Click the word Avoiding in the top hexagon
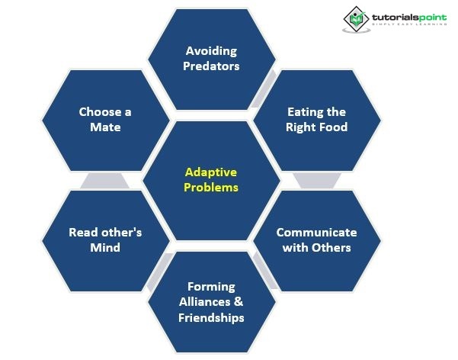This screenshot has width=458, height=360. coord(212,51)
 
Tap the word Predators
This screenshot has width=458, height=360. coord(212,66)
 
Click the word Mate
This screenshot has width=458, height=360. coord(105,127)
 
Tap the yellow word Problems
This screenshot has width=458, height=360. coord(212,188)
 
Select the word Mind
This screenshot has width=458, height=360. coord(105,248)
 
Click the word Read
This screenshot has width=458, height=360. coord(83,233)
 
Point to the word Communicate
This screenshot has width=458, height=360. coord(316,233)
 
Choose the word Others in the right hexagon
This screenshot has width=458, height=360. coord(331,248)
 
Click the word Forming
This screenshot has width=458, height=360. coord(211,287)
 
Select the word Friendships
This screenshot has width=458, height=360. coord(211,317)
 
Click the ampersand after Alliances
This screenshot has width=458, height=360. coord(240,302)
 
